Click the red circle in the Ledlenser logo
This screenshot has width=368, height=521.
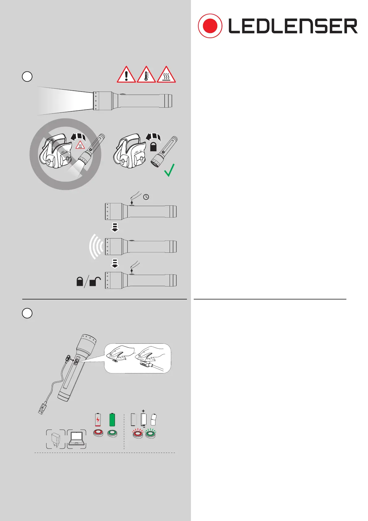210,26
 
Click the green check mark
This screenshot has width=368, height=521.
169,170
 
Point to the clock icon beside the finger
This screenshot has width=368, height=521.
146,197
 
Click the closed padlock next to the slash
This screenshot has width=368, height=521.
80,282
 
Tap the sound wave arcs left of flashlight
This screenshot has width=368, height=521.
95,247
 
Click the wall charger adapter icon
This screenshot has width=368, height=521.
56,439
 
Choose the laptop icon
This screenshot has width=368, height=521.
76,439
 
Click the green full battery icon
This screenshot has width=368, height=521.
112,420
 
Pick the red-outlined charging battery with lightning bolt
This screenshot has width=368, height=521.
98,420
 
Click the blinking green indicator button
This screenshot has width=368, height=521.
150,434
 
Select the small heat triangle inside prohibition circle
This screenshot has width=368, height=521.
80,145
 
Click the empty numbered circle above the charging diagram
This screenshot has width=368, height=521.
27,313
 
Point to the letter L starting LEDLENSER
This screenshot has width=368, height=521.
234,26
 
